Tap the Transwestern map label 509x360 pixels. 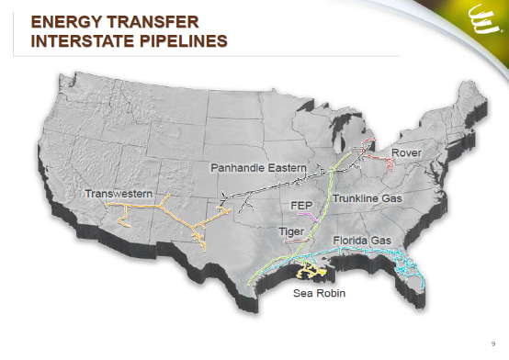click(x=119, y=194)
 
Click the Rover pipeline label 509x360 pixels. click(x=406, y=152)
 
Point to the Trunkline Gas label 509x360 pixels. click(x=368, y=197)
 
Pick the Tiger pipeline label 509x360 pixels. click(x=289, y=231)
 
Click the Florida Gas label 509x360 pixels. click(x=362, y=240)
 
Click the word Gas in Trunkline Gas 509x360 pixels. click(x=390, y=197)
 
